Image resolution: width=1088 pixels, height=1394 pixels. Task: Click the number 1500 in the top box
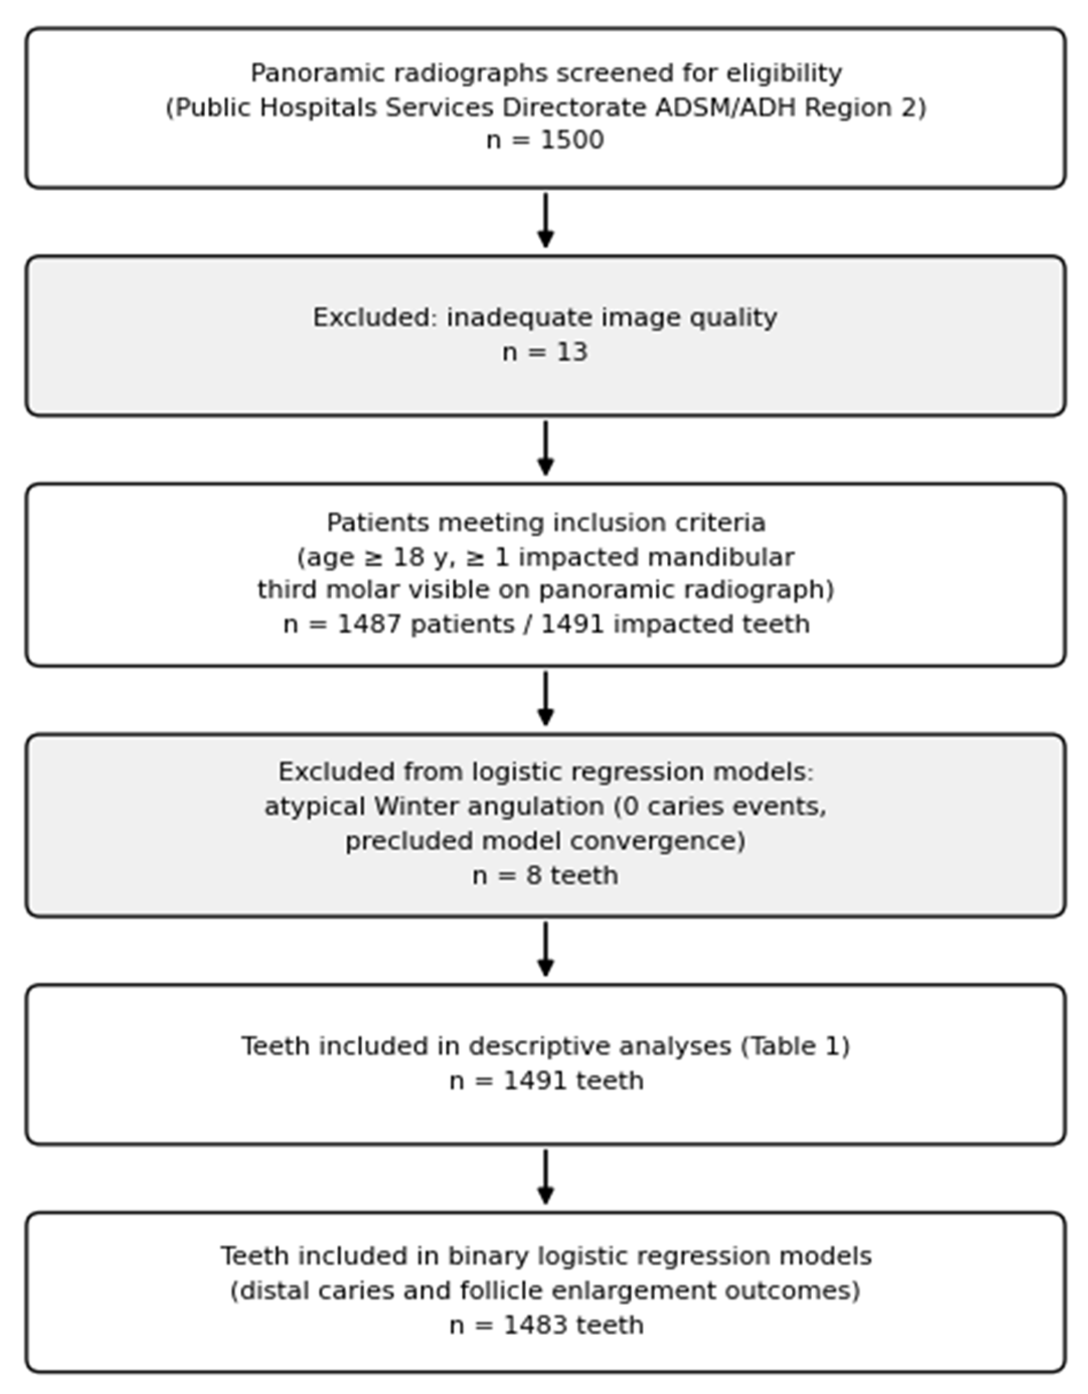click(572, 140)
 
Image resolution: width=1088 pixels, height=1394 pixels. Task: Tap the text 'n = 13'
click(545, 352)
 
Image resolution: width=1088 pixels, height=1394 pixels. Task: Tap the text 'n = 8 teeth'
click(545, 875)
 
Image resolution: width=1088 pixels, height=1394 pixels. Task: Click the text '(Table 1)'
click(795, 1046)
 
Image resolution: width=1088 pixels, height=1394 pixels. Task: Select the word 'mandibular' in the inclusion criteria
click(721, 557)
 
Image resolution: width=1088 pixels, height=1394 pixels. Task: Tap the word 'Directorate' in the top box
click(574, 108)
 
